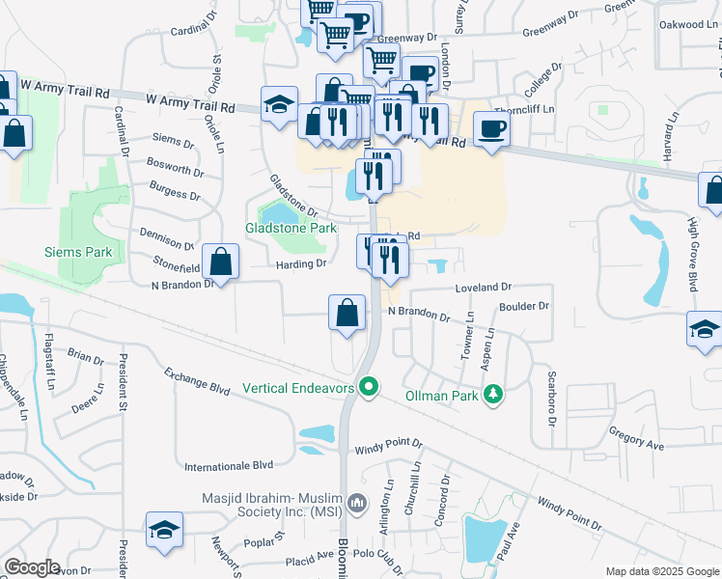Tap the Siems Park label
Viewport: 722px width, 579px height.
tap(78, 253)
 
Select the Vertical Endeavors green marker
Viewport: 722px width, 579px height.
tap(368, 387)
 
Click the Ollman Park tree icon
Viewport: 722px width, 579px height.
tap(493, 394)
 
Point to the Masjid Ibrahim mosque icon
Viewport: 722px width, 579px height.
tap(358, 502)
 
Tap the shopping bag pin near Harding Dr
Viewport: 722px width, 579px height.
tap(222, 262)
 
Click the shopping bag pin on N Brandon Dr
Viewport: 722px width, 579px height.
tap(347, 313)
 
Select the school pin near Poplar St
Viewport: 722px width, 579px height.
tap(165, 529)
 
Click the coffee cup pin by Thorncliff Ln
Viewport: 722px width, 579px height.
tap(492, 128)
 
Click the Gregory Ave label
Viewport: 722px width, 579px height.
tap(636, 439)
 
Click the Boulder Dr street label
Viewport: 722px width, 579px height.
tap(524, 306)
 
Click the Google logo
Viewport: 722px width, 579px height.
tap(32, 567)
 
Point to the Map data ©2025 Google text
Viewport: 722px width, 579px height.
tap(661, 571)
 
